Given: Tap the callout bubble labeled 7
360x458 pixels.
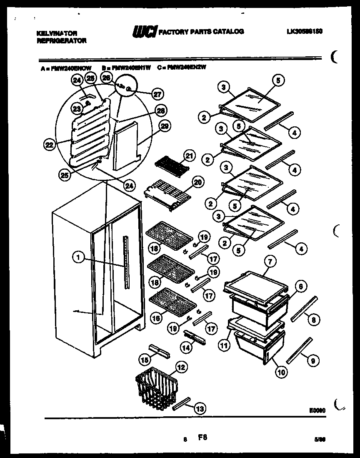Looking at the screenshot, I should click(x=270, y=262).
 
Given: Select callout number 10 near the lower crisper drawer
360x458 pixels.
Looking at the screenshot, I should click(x=281, y=372).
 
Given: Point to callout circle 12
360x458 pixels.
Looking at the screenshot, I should click(x=180, y=367).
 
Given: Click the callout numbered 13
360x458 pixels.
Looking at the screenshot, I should click(x=200, y=409).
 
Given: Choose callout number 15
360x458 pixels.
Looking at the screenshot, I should click(x=145, y=358).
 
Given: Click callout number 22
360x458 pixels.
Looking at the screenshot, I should click(x=50, y=145).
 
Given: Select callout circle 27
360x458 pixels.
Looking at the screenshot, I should click(x=157, y=94).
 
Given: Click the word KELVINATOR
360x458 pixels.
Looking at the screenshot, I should click(x=51, y=33).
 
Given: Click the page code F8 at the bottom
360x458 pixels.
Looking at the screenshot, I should click(x=202, y=438).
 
